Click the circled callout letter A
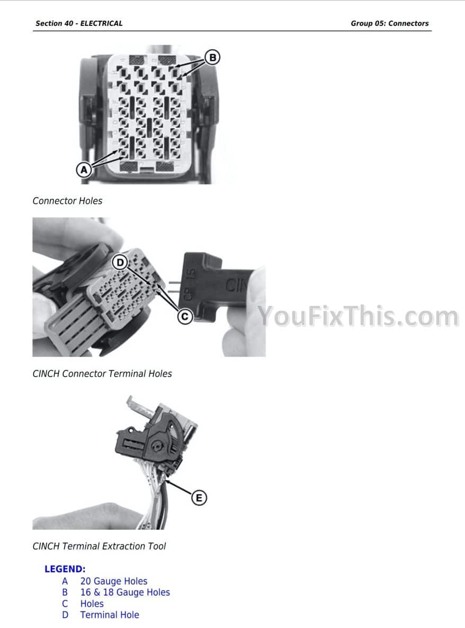click(84, 170)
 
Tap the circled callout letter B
click(212, 58)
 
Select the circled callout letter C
click(185, 316)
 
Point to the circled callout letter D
click(120, 263)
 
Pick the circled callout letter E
click(199, 498)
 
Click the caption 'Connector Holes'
click(67, 201)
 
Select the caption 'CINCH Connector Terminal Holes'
click(102, 374)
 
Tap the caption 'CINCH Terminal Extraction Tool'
click(99, 546)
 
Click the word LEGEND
click(65, 569)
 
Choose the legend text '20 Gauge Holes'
click(114, 581)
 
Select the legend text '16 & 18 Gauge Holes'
click(125, 592)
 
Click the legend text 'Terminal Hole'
click(110, 615)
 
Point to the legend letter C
click(65, 604)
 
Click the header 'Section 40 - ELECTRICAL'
click(79, 23)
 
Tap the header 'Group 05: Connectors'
click(389, 23)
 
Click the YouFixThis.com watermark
click(358, 316)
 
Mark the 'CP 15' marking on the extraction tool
click(190, 285)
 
